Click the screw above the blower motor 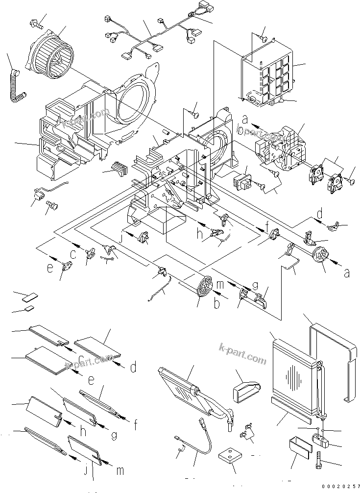click(38, 21)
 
